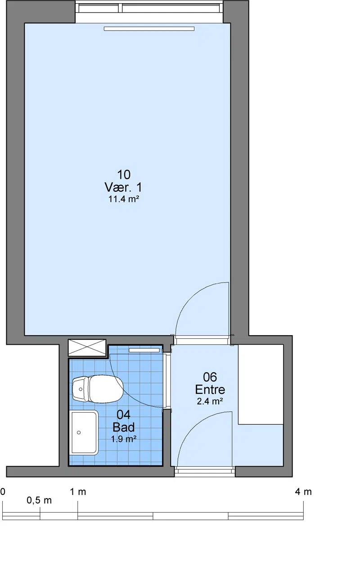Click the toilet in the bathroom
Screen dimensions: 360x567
(x=98, y=389)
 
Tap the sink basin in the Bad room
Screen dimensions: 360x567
(x=84, y=432)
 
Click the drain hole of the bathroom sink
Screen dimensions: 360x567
(x=79, y=432)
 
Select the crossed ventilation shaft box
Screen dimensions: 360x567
(x=87, y=348)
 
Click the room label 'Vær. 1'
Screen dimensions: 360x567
(x=123, y=187)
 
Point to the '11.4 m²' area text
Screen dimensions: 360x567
(x=124, y=199)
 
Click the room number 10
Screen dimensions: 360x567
(x=124, y=175)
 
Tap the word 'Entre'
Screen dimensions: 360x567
(x=210, y=390)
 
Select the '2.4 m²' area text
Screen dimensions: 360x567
(x=210, y=401)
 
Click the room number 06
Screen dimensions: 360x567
(x=210, y=377)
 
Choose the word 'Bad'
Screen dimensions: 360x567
(x=124, y=427)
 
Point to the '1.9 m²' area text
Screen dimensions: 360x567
(x=124, y=439)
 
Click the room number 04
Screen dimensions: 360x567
(x=124, y=415)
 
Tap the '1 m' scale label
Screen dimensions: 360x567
(x=78, y=492)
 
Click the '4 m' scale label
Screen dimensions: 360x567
(x=303, y=492)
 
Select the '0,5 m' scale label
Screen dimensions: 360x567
(x=39, y=500)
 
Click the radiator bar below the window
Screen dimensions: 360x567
(x=149, y=29)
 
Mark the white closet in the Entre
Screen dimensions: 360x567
(x=261, y=384)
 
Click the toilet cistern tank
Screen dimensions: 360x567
(x=80, y=389)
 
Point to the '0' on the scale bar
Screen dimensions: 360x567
(x=3, y=492)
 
